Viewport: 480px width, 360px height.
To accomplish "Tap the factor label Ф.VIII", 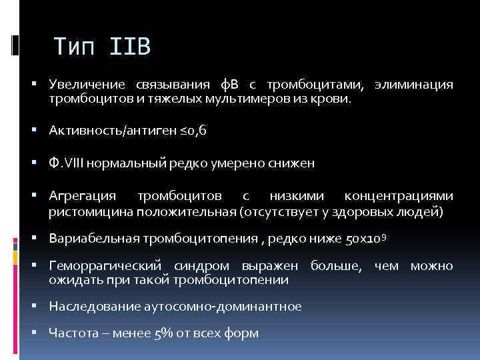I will [x=65, y=163].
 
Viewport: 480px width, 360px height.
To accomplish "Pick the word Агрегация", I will [x=82, y=196].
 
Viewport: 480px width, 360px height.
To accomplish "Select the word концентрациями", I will [x=399, y=196].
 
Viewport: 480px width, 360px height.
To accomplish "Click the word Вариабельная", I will [x=90, y=239].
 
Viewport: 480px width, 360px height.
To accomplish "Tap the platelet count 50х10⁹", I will [x=364, y=239].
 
